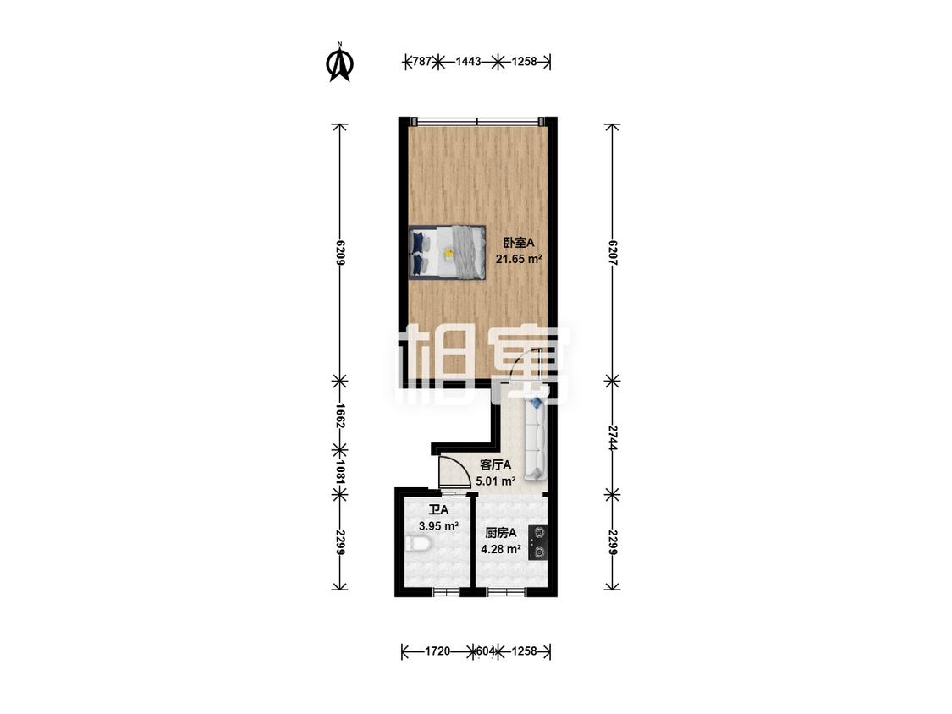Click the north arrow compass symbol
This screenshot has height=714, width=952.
pyautogui.click(x=340, y=61)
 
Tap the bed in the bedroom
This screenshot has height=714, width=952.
pyautogui.click(x=448, y=253)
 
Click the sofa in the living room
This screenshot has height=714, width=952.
pyautogui.click(x=535, y=437)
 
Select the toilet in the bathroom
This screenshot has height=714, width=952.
pyautogui.click(x=418, y=544)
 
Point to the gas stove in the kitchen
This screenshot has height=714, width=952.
pyautogui.click(x=538, y=542)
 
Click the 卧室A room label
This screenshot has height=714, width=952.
pyautogui.click(x=519, y=243)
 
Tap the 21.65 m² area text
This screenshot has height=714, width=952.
pyautogui.click(x=519, y=259)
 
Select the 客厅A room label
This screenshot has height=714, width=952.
pyautogui.click(x=495, y=465)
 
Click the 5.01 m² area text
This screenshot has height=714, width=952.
pyautogui.click(x=495, y=481)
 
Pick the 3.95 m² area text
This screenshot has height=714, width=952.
pyautogui.click(x=438, y=526)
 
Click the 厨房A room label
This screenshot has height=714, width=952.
pyautogui.click(x=501, y=533)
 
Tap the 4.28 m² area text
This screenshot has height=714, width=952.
pyautogui.click(x=501, y=550)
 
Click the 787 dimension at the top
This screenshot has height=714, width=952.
pyautogui.click(x=421, y=61)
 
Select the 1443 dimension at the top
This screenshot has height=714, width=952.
pyautogui.click(x=468, y=61)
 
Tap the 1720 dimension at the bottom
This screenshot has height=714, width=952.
pyautogui.click(x=437, y=651)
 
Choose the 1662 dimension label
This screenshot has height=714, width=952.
pyautogui.click(x=340, y=416)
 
